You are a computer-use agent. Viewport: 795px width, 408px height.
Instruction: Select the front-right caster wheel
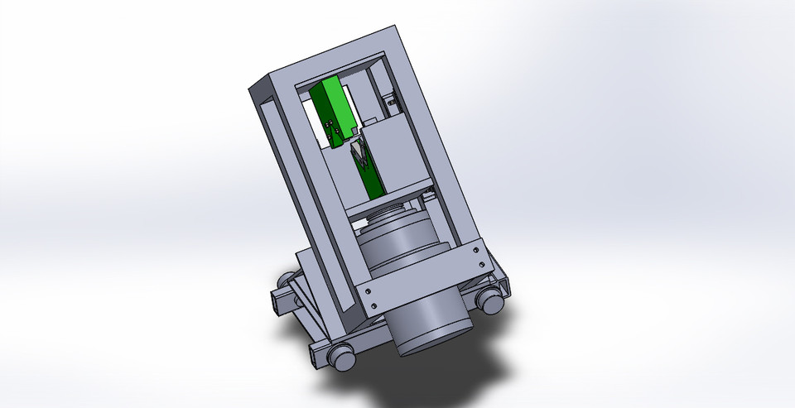pos(491,302)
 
